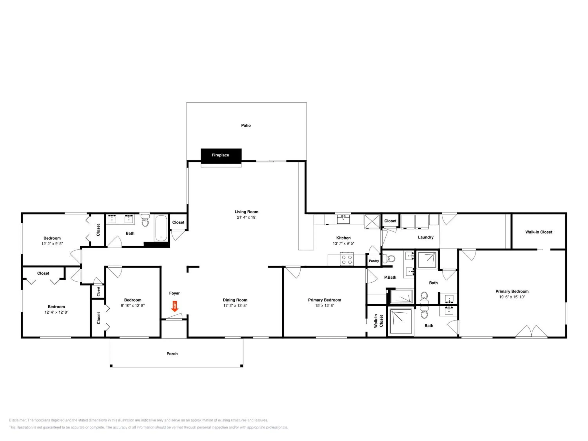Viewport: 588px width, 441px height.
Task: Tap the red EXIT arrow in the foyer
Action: pos(175,306)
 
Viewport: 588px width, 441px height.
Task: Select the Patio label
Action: pos(246,125)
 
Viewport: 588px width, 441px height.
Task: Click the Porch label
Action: pos(172,354)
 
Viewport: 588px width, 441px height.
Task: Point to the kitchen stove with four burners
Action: pos(347,260)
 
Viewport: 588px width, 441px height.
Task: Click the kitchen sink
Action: pos(343,219)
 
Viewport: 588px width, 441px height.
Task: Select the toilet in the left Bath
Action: pos(145,220)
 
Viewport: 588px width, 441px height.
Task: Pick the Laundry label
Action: pos(426,237)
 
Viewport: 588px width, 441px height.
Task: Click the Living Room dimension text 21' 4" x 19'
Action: pos(246,217)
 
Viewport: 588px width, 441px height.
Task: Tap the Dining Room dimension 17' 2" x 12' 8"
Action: pos(235,305)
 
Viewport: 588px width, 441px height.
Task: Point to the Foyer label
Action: pos(174,293)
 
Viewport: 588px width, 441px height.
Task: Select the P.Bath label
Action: pos(390,277)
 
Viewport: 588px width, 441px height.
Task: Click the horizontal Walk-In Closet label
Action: pos(539,232)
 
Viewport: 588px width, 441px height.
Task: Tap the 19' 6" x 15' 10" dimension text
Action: pos(512,297)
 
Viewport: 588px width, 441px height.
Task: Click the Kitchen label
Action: pos(343,238)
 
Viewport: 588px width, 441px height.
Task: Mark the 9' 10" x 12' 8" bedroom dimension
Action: pos(133,305)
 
